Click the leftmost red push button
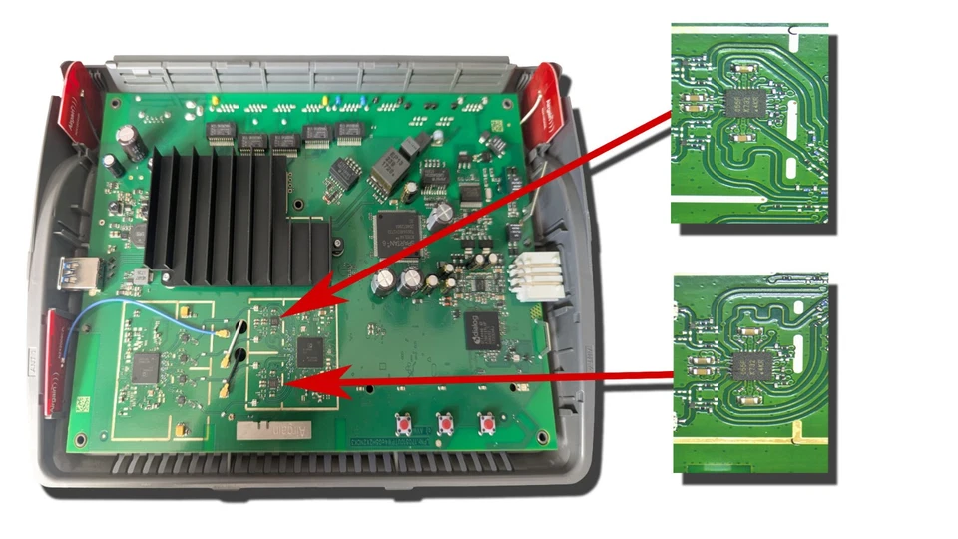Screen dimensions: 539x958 pyautogui.click(x=405, y=424)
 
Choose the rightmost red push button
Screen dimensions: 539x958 pyautogui.click(x=487, y=424)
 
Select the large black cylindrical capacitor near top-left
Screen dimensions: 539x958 pyautogui.click(x=131, y=142)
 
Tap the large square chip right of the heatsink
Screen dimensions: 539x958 pyautogui.click(x=397, y=232)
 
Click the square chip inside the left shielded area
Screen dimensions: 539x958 pyautogui.click(x=146, y=366)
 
